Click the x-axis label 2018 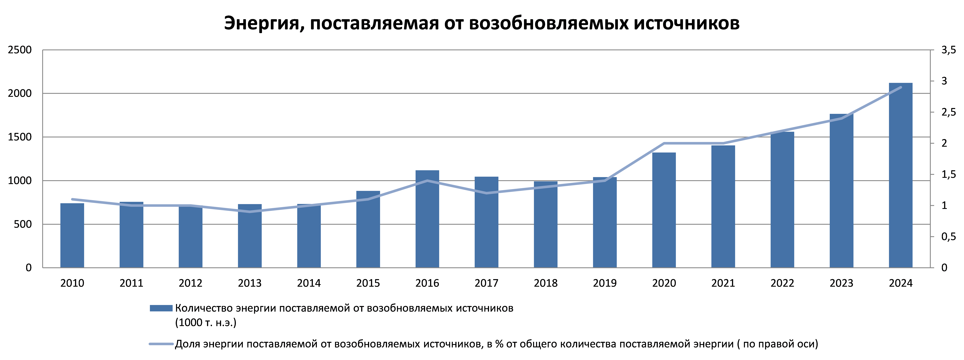(545, 283)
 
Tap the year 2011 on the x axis (131, 283)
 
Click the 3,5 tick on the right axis (948, 50)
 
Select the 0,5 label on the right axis (948, 236)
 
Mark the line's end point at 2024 (900, 87)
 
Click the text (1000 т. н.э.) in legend (205, 323)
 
